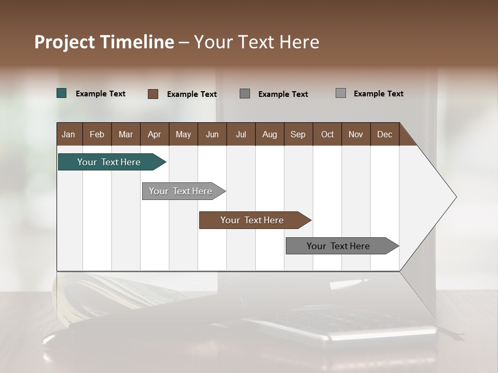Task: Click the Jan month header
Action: [x=69, y=134]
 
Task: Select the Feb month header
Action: [x=97, y=134]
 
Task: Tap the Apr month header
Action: [x=155, y=134]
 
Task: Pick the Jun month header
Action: [x=212, y=134]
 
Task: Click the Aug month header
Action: [x=270, y=134]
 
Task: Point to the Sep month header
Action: [x=298, y=134]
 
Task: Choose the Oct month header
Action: [x=327, y=134]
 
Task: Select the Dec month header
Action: [x=385, y=134]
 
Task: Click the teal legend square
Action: [x=62, y=93]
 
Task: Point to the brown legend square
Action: [x=153, y=94]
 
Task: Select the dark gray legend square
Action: [x=245, y=94]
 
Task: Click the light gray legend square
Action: [x=341, y=93]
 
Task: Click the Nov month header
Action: [x=356, y=134]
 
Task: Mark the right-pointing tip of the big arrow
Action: [x=455, y=197]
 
